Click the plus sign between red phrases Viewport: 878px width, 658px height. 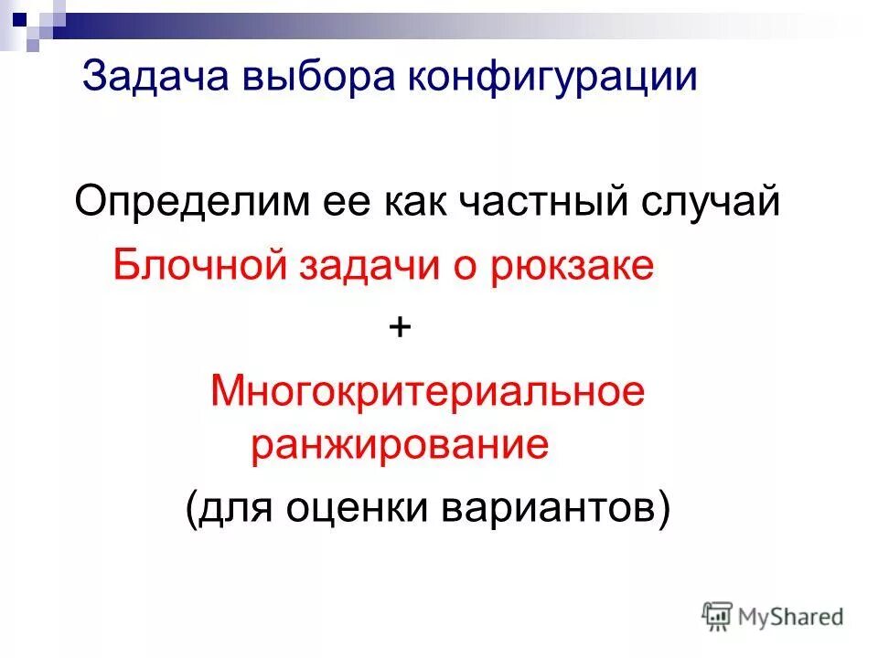click(400, 327)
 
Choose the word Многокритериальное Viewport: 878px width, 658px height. click(428, 392)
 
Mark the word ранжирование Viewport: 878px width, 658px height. click(400, 446)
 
